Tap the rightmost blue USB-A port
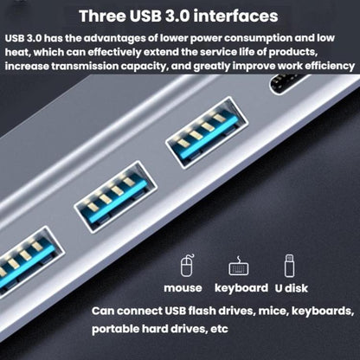coord(202,141)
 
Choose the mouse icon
coord(183,265)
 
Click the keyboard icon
coord(235,266)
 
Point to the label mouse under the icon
coord(183,287)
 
